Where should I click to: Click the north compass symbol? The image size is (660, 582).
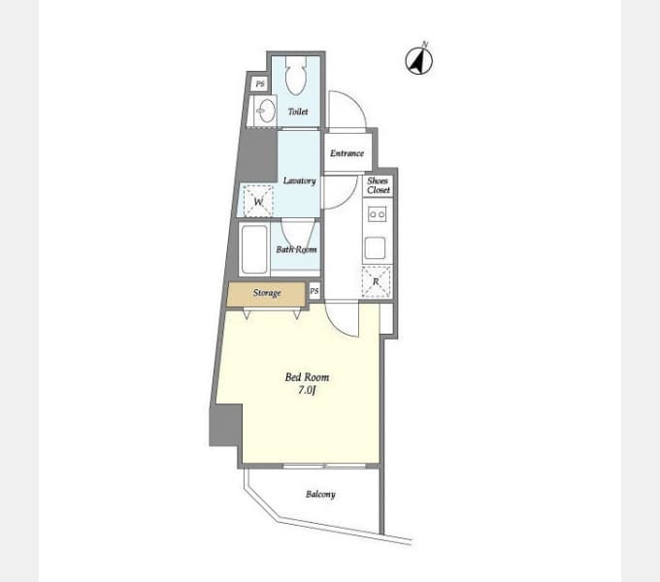[419, 59]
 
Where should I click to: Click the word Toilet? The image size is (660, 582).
[298, 112]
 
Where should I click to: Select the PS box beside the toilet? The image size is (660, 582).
[260, 84]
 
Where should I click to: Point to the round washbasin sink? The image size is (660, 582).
[266, 111]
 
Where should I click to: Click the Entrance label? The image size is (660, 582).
[346, 153]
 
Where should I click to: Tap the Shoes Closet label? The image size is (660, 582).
[378, 185]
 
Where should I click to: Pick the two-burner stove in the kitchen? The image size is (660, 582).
[377, 214]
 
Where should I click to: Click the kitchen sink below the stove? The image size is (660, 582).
[375, 247]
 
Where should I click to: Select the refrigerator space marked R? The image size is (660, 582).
[376, 281]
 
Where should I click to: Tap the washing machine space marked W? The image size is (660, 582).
[258, 202]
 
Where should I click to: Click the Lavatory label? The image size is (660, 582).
[299, 180]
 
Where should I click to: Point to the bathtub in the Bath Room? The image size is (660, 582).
[254, 249]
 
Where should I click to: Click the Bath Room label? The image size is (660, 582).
[296, 249]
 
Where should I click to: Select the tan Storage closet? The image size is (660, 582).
[266, 294]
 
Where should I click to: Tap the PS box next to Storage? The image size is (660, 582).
[314, 291]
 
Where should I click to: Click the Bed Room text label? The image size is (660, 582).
[308, 377]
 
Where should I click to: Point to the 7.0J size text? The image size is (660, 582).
[307, 390]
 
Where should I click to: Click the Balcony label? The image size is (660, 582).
[320, 494]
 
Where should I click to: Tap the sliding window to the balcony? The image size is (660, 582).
[324, 466]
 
